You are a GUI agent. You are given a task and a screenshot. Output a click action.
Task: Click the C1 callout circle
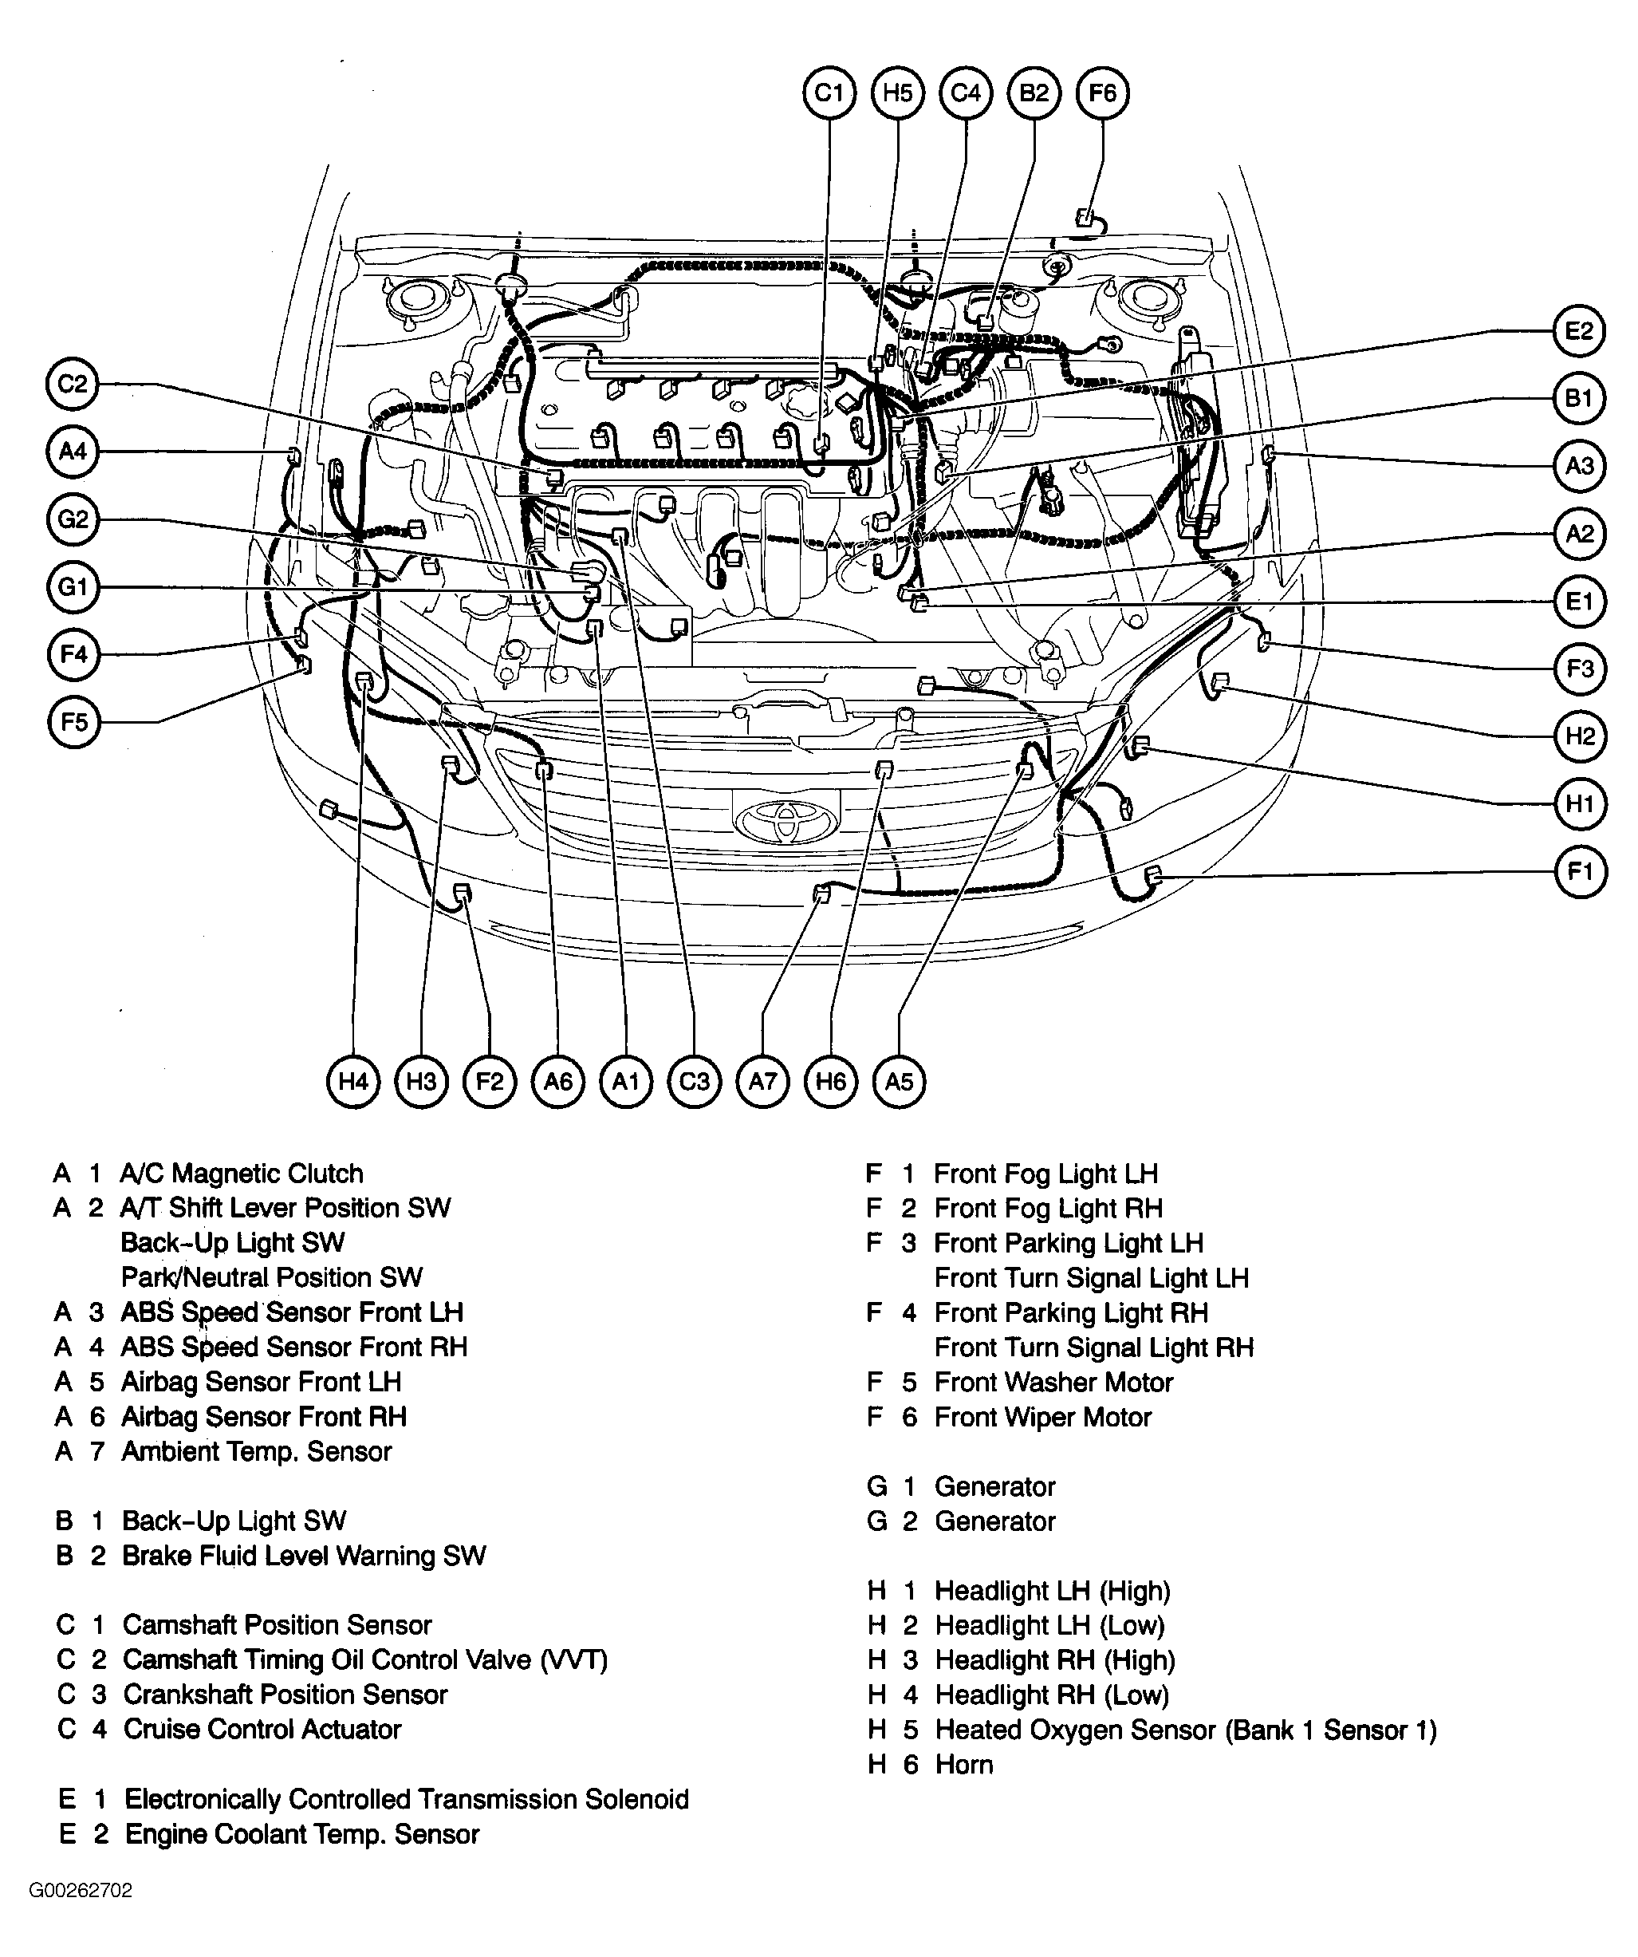(x=829, y=93)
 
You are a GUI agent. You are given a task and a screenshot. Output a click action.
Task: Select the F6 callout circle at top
(x=1101, y=93)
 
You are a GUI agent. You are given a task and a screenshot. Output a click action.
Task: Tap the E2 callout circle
(x=1579, y=331)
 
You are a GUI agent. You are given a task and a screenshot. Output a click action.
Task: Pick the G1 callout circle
(x=73, y=587)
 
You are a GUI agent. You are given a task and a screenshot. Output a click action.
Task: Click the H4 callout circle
(x=353, y=1081)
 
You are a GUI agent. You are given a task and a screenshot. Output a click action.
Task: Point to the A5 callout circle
(x=898, y=1081)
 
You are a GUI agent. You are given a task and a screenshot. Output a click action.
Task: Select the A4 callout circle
(x=73, y=452)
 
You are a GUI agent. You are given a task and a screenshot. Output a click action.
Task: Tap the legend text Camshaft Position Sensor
(x=277, y=1624)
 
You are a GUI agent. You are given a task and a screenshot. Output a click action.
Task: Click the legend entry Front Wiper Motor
(x=1042, y=1418)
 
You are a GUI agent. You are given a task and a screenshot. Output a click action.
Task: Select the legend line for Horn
(x=963, y=1764)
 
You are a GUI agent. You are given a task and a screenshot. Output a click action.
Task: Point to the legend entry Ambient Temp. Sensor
(x=256, y=1452)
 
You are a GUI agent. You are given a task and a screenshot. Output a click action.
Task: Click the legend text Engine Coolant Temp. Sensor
(x=302, y=1834)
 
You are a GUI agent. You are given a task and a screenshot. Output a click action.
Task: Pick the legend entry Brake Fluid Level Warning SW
(x=304, y=1556)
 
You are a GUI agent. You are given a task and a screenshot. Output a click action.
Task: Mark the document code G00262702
(x=81, y=1891)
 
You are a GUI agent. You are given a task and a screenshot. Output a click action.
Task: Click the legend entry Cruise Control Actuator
(x=262, y=1729)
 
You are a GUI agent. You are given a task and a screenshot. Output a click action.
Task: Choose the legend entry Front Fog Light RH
(x=1048, y=1209)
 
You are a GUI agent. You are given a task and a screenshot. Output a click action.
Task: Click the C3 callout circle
(x=694, y=1081)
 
